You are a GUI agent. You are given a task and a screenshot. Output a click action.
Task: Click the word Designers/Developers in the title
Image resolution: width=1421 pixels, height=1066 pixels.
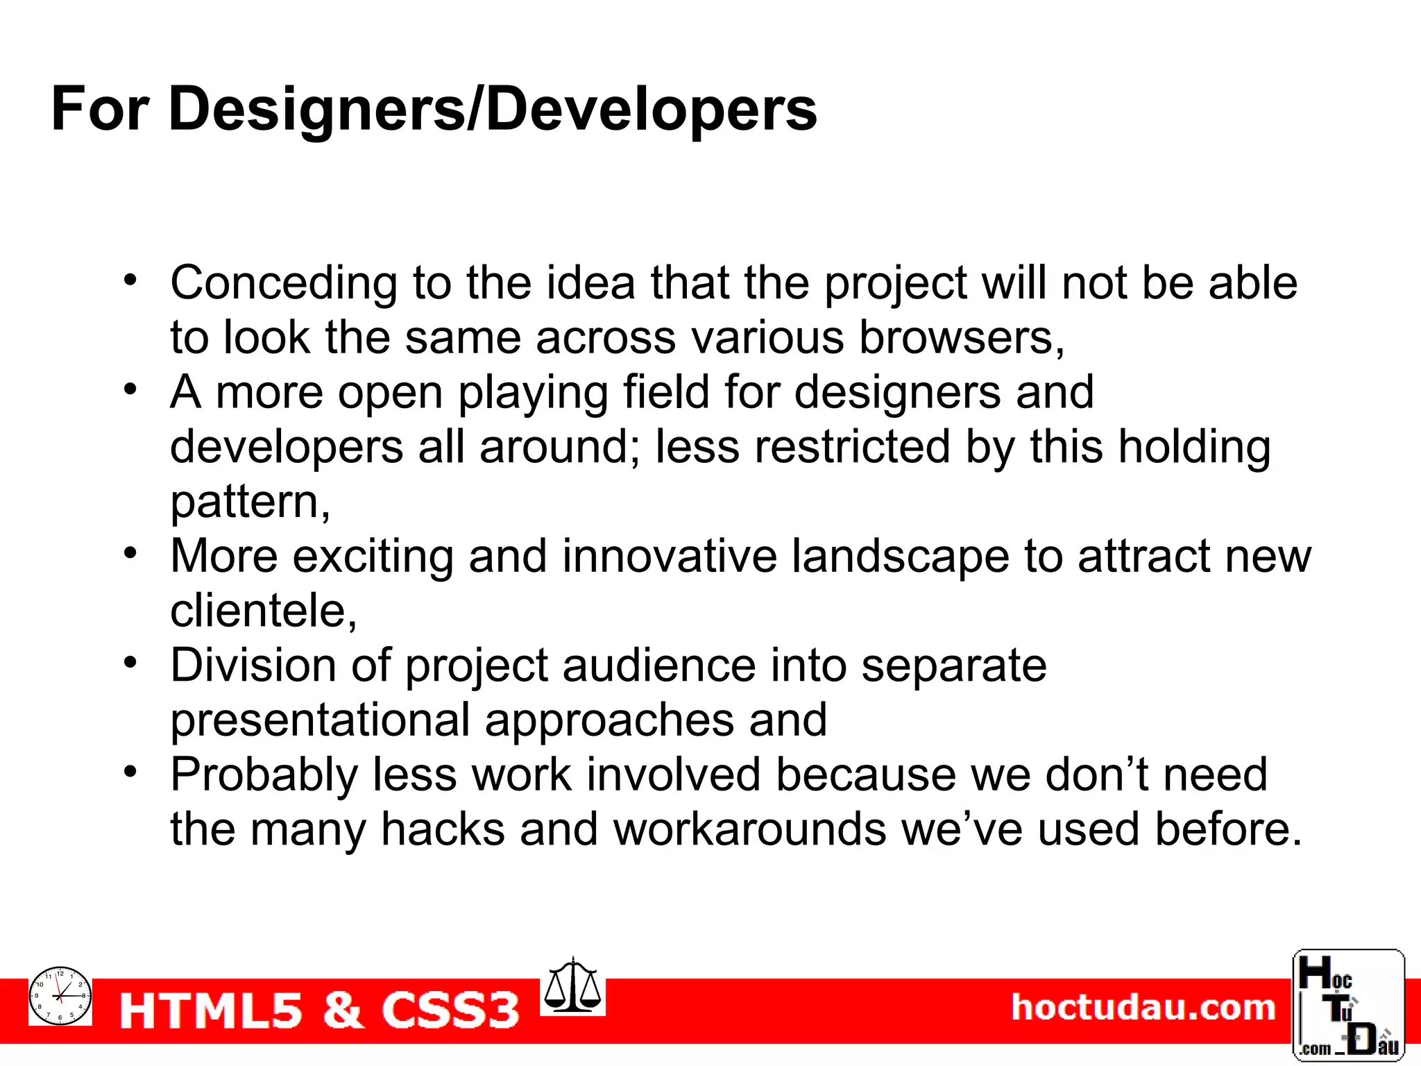[493, 110]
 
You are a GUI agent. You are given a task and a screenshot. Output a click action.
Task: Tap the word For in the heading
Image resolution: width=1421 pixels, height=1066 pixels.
[100, 110]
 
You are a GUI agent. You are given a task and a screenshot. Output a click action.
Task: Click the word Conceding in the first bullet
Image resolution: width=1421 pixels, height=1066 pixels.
[284, 283]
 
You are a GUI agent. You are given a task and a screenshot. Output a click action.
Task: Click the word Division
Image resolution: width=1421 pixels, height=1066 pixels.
[253, 666]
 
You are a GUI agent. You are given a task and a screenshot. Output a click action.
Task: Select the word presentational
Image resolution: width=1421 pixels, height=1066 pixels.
[320, 720]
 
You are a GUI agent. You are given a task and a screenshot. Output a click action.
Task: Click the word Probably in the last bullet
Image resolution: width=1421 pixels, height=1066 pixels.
[264, 775]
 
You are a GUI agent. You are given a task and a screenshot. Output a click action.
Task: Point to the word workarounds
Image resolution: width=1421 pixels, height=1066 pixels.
[749, 829]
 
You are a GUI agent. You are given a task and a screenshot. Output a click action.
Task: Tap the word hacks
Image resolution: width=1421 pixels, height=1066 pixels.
[443, 829]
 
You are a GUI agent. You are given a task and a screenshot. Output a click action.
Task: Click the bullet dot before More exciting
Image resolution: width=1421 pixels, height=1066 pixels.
[130, 553]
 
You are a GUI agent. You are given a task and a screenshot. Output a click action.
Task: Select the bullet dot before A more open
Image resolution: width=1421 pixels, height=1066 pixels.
[130, 389]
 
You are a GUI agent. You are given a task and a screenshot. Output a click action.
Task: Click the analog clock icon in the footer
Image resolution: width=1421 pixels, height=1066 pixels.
[60, 996]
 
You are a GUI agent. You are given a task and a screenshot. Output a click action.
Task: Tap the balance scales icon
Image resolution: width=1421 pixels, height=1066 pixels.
[572, 986]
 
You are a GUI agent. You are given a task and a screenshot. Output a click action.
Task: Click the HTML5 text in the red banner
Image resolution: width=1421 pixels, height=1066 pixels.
[212, 1010]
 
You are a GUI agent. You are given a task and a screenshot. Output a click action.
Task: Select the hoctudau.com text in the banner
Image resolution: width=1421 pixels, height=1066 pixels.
[1143, 1008]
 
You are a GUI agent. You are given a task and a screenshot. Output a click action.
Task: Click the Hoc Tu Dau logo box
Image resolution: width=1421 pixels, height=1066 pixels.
[1348, 1006]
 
